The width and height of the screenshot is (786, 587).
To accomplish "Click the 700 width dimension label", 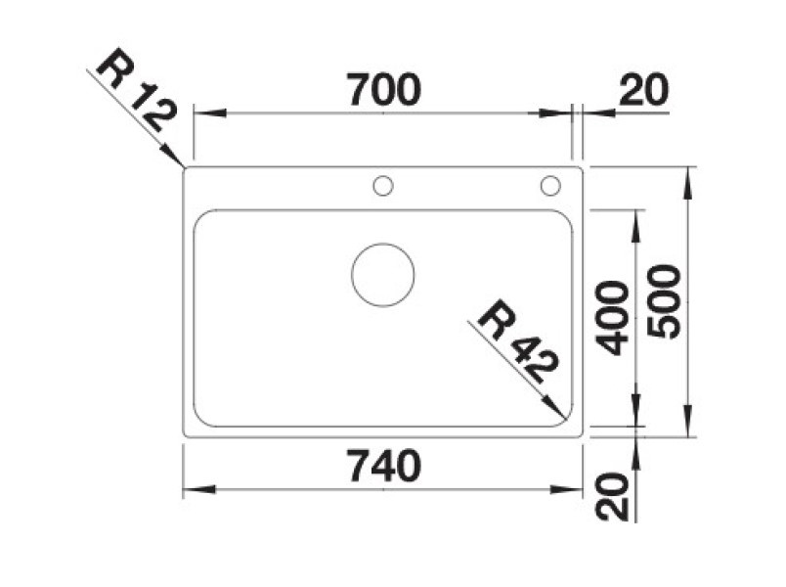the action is (383, 89).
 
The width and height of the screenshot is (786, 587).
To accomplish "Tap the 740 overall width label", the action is (384, 466).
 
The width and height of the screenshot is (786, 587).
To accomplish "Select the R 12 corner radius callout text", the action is (136, 89).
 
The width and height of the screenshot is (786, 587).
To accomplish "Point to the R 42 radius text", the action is (517, 341).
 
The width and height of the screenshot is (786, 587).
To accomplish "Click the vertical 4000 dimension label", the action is (613, 318).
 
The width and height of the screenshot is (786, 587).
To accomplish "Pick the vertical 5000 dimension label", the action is (664, 301).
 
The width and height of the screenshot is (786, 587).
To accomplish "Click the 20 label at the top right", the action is (644, 89).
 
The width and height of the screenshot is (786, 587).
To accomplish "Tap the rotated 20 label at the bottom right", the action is (612, 496).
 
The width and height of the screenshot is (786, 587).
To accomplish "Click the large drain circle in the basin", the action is (383, 245).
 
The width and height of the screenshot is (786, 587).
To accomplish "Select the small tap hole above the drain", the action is (383, 177).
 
